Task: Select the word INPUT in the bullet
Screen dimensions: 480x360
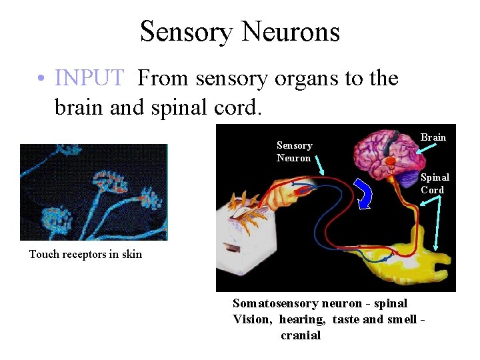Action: tap(89, 79)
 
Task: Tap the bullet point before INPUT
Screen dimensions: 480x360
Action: tap(41, 79)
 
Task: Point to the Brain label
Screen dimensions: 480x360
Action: tap(433, 137)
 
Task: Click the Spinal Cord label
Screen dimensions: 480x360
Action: tap(435, 183)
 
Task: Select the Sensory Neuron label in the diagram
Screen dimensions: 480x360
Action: tap(294, 152)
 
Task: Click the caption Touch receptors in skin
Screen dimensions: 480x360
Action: tap(85, 254)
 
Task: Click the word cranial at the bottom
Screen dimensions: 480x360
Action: tap(301, 335)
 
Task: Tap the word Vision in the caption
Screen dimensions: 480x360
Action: tap(251, 319)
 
